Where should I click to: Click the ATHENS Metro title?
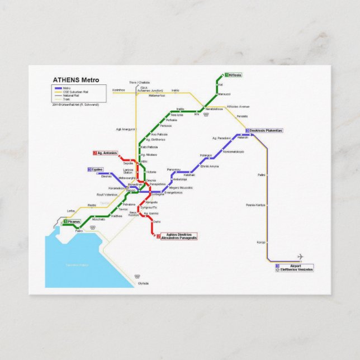(75, 79)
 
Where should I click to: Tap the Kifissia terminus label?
(235, 75)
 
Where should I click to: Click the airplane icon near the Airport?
(301, 257)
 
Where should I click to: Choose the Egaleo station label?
(97, 169)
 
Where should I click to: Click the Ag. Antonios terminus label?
(107, 153)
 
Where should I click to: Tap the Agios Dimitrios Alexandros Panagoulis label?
(179, 236)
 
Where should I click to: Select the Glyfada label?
(144, 283)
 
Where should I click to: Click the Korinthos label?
(119, 90)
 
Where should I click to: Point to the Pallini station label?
(261, 176)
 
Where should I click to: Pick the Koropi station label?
(260, 242)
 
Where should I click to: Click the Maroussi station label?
(224, 94)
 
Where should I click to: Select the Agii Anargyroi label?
(125, 129)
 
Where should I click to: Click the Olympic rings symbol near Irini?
(206, 115)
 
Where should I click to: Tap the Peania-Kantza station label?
(255, 205)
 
